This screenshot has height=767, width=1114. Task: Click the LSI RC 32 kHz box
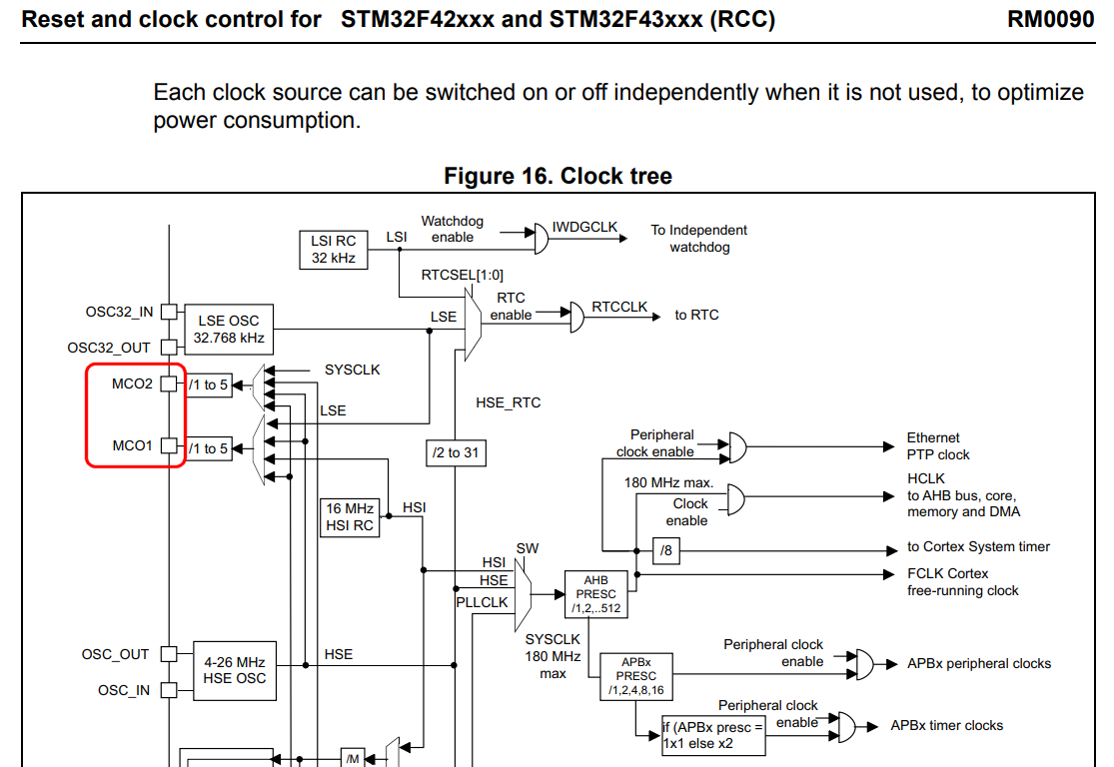334,250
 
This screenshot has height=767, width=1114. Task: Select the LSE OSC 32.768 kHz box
229,329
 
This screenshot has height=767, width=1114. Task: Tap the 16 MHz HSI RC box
350,517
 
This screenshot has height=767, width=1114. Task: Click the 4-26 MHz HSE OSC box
234,670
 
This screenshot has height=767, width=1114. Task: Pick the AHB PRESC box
595,594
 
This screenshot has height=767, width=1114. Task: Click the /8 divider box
666,550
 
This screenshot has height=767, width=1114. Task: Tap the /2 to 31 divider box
455,452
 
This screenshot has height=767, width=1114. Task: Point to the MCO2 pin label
132,383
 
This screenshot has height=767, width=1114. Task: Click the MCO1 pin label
132,445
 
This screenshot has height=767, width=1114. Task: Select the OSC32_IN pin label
119,312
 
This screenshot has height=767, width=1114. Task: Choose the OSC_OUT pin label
115,654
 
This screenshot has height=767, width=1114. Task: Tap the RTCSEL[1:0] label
463,275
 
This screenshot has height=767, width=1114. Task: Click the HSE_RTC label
509,402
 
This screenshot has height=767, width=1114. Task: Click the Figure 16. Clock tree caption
557,176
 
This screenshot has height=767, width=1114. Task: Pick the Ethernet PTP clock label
937,445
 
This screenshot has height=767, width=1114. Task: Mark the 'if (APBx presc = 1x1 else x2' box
713,736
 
